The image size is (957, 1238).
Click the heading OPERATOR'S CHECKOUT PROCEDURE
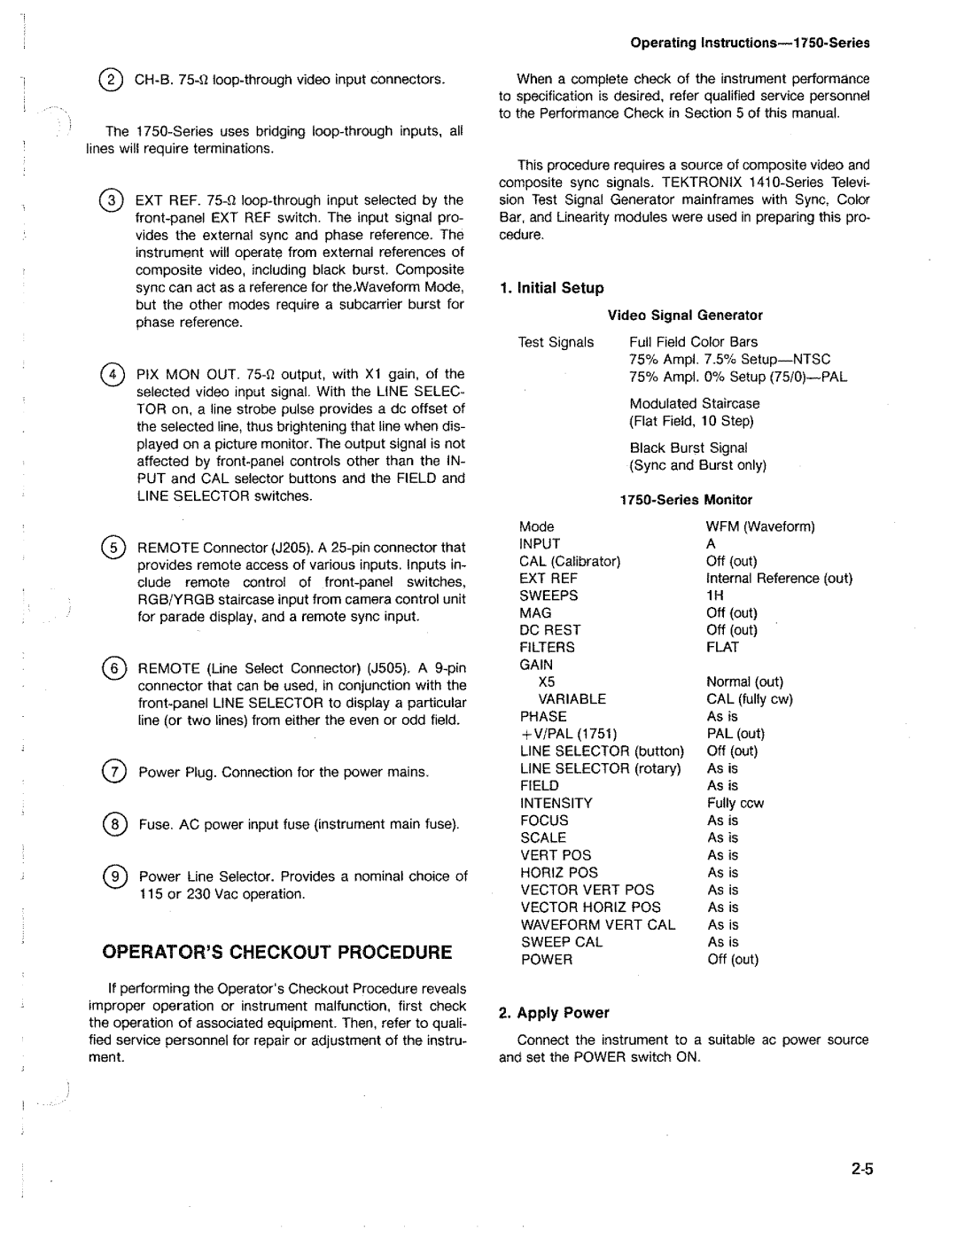pyautogui.click(x=277, y=953)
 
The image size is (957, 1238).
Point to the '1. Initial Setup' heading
pyautogui.click(x=551, y=288)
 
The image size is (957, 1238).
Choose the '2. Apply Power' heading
pyautogui.click(x=554, y=1013)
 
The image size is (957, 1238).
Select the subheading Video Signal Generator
pyautogui.click(x=685, y=315)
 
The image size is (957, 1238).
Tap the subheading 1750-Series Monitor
pyautogui.click(x=686, y=500)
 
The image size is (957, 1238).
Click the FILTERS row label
pyautogui.click(x=548, y=648)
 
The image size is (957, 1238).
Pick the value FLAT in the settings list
pyautogui.click(x=722, y=648)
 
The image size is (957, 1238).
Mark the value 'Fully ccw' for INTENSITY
pyautogui.click(x=735, y=804)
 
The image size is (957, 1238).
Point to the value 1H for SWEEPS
pyautogui.click(x=715, y=596)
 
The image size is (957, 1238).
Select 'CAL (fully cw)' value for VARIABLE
pyautogui.click(x=750, y=699)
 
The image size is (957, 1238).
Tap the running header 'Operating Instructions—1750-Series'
pyautogui.click(x=750, y=43)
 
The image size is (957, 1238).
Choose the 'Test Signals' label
pyautogui.click(x=556, y=342)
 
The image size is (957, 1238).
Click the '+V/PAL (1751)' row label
pyautogui.click(x=568, y=734)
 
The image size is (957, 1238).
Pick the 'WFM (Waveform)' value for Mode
pyautogui.click(x=760, y=526)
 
